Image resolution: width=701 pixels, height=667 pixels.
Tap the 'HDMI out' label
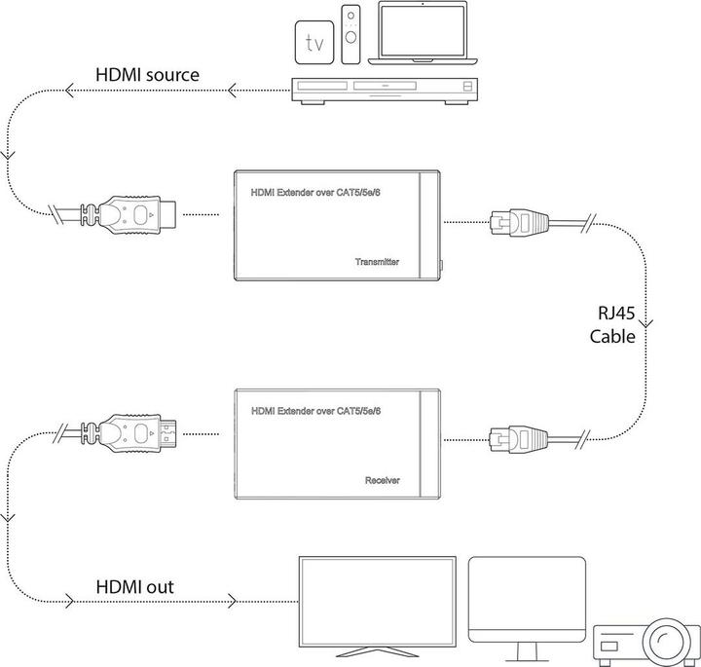[136, 587]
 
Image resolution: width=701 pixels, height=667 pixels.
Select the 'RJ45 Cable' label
[614, 325]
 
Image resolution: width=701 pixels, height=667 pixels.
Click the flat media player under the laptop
[385, 91]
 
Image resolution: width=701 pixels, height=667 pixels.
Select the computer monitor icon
[527, 600]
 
